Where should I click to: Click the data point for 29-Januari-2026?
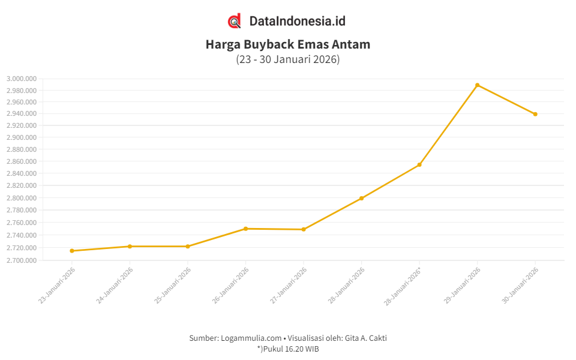click(477, 85)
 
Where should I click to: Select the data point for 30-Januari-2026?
click(535, 114)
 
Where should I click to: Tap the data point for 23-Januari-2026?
click(72, 251)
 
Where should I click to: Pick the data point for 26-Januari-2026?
click(245, 229)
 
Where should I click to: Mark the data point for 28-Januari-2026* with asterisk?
click(419, 164)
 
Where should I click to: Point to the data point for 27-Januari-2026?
click(304, 229)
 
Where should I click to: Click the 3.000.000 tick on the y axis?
click(22, 79)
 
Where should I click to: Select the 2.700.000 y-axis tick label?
click(22, 260)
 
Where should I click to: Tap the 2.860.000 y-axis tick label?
click(22, 161)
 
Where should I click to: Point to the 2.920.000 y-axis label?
click(22, 125)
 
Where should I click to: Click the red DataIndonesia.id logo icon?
click(235, 21)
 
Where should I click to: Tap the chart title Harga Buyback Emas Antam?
click(288, 44)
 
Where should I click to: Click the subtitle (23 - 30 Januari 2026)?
click(288, 59)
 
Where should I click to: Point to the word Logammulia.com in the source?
click(252, 338)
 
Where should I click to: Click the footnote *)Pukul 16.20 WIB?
click(288, 349)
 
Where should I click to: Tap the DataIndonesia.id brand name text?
click(297, 21)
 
